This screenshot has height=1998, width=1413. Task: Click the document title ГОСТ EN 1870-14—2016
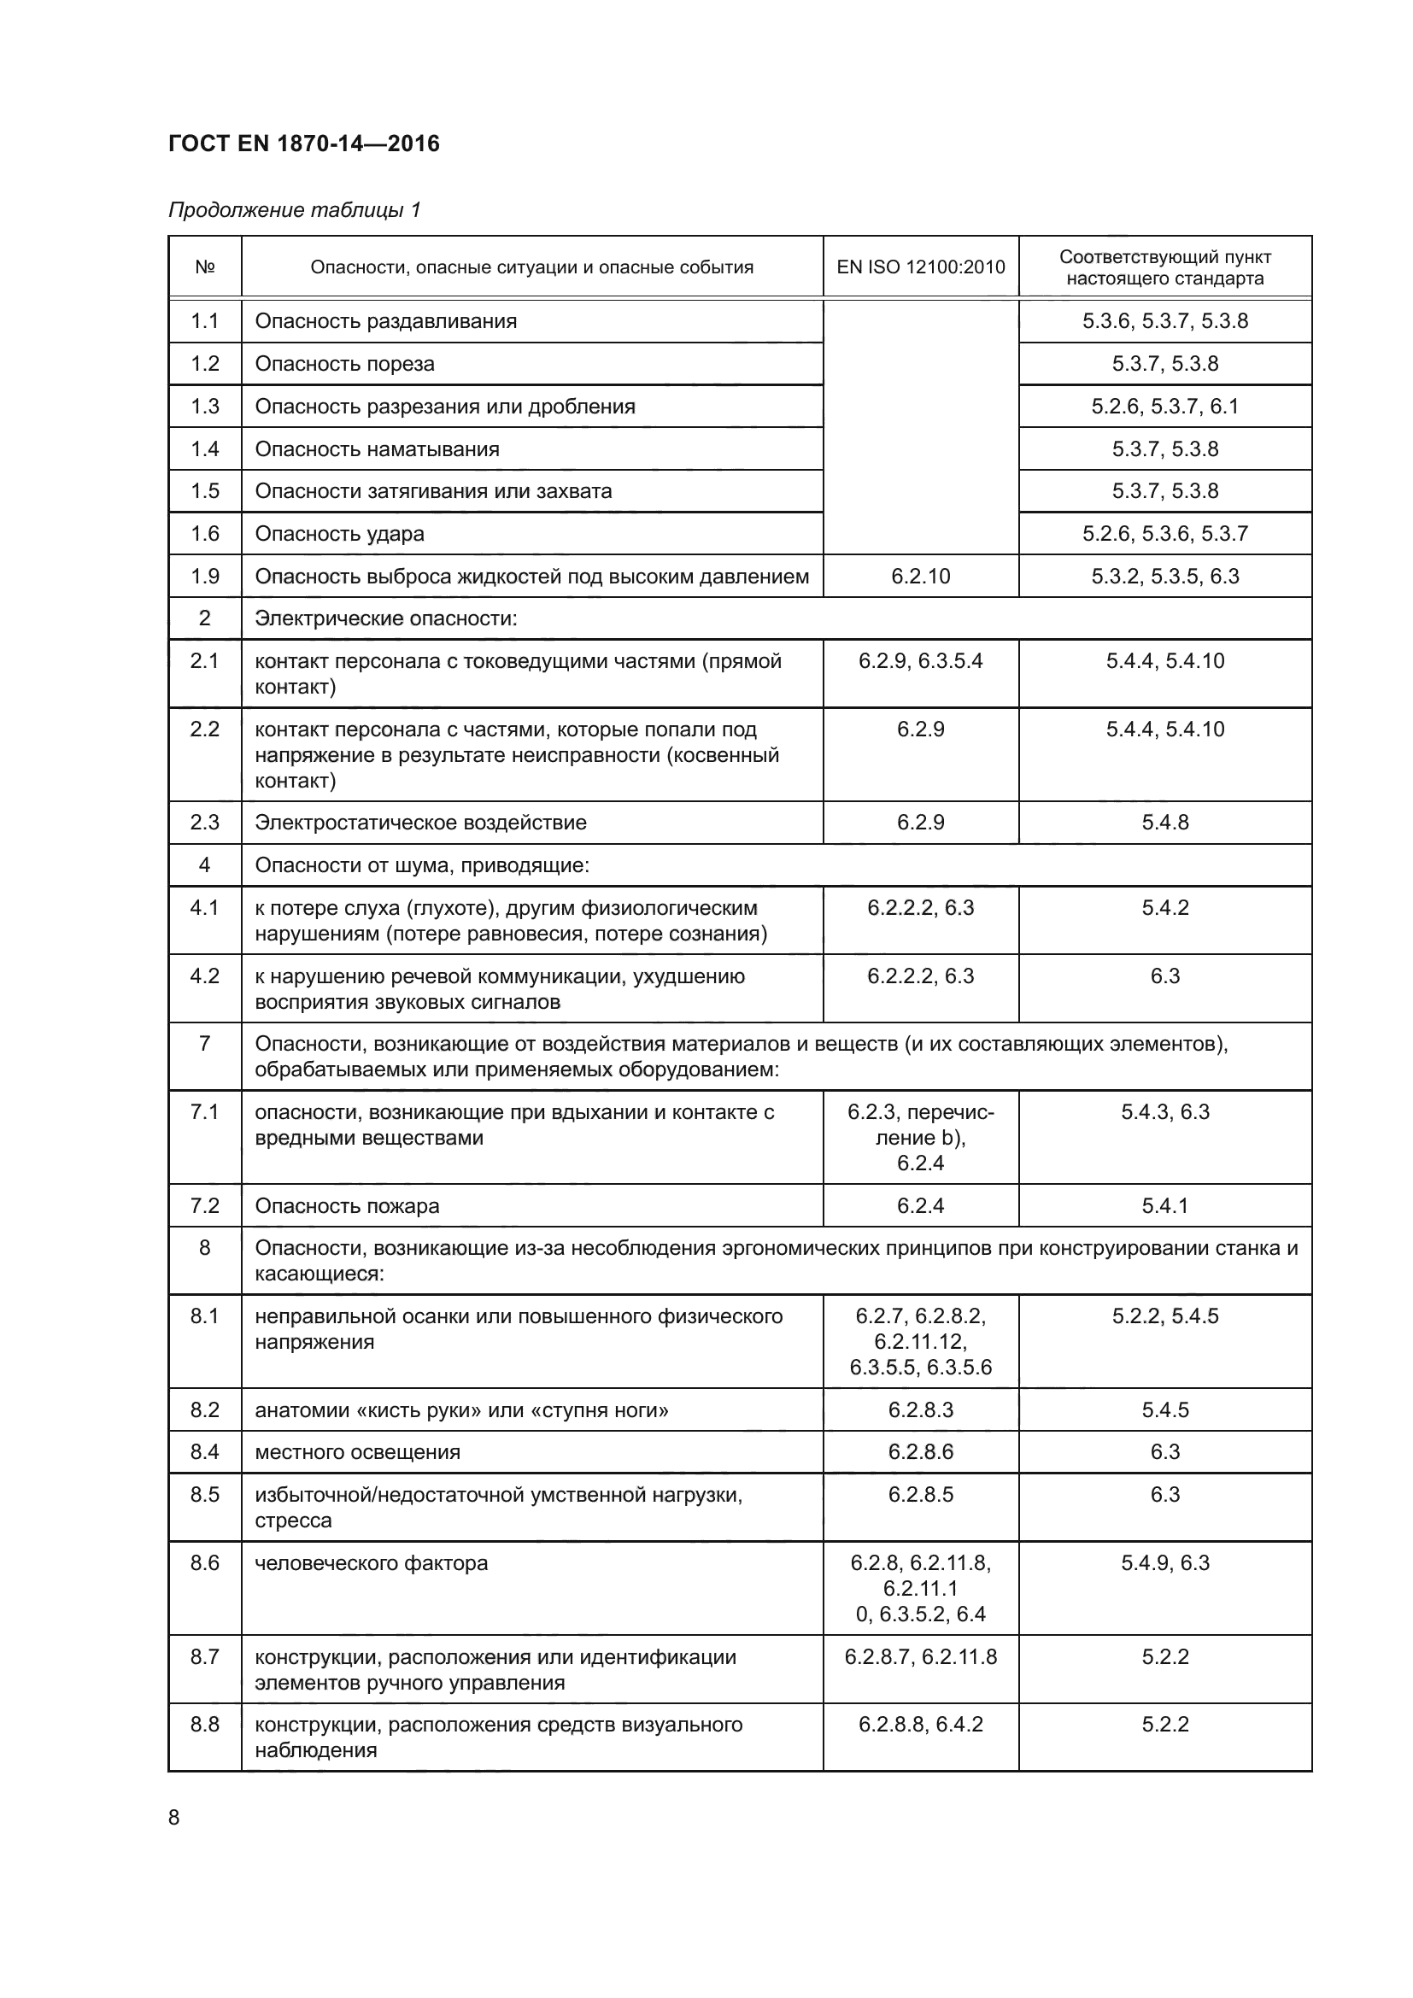pyautogui.click(x=303, y=144)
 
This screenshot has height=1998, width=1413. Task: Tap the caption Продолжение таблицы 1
pyautogui.click(x=294, y=210)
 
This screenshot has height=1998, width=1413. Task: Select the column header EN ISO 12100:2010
pyautogui.click(x=920, y=267)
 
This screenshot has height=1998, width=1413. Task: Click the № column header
pyautogui.click(x=204, y=267)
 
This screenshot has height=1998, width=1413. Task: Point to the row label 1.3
pyautogui.click(x=204, y=407)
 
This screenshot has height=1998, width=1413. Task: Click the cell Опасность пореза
pyautogui.click(x=344, y=364)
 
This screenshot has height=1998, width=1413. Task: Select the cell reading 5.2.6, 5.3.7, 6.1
pyautogui.click(x=1164, y=407)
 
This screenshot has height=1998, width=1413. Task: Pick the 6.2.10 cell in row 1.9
pyautogui.click(x=920, y=576)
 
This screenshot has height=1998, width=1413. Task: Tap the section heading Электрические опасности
pyautogui.click(x=385, y=618)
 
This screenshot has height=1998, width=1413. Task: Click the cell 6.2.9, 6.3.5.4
pyautogui.click(x=920, y=661)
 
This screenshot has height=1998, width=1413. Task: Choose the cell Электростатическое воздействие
pyautogui.click(x=420, y=823)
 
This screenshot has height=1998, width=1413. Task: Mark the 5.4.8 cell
pyautogui.click(x=1164, y=823)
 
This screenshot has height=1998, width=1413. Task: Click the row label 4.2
pyautogui.click(x=204, y=976)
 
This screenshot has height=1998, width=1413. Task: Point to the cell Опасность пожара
pyautogui.click(x=346, y=1206)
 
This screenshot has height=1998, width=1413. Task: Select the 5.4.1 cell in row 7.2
pyautogui.click(x=1164, y=1206)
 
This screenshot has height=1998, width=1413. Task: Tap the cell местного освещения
pyautogui.click(x=358, y=1452)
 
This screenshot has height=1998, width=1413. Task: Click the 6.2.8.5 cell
pyautogui.click(x=920, y=1495)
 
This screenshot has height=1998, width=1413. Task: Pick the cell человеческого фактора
pyautogui.click(x=371, y=1564)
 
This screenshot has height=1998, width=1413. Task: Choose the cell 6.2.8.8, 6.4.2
pyautogui.click(x=920, y=1725)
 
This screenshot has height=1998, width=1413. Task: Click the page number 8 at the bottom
pyautogui.click(x=174, y=1818)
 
